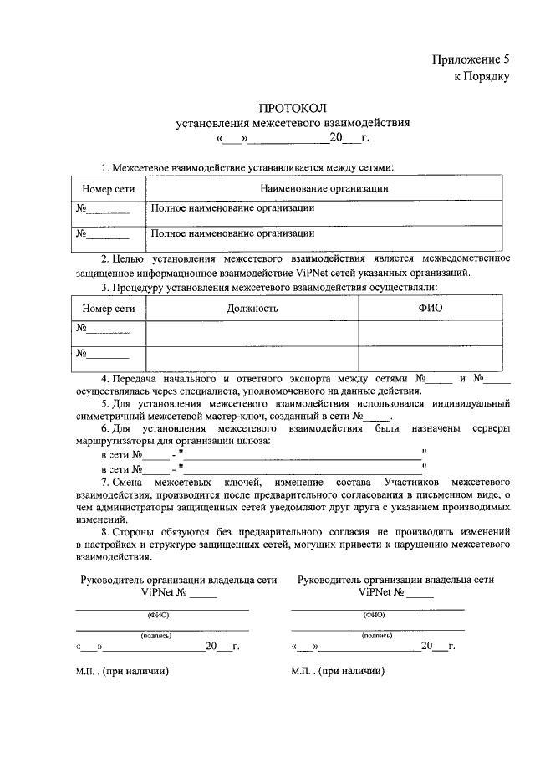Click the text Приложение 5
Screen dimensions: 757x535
(470, 59)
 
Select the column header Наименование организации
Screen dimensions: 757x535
(325, 188)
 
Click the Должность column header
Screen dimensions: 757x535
(252, 308)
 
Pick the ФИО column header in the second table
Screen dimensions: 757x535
(431, 308)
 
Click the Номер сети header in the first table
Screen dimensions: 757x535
(109, 189)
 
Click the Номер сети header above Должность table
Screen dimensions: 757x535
(109, 309)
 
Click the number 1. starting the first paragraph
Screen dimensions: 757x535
(105, 168)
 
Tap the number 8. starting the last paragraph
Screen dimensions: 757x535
(105, 532)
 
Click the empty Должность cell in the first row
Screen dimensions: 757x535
(252, 332)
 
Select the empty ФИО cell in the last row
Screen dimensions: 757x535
(431, 357)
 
